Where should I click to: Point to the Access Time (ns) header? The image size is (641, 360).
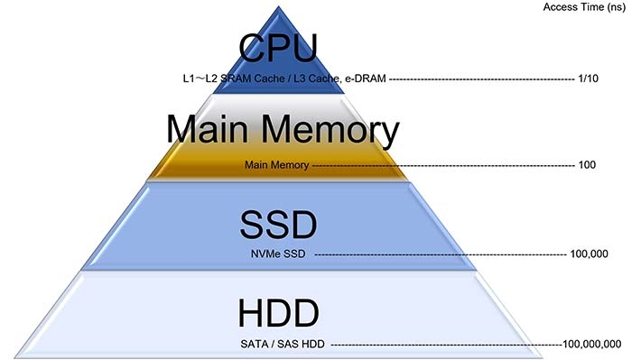coord(584,7)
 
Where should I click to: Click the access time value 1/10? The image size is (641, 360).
coord(587,78)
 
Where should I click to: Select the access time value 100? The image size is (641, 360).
coord(587,166)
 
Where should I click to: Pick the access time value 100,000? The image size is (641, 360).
coord(589,254)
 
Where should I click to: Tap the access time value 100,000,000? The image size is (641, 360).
coord(591,344)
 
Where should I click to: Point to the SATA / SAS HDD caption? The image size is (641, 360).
coord(282,344)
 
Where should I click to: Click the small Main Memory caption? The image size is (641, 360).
coord(276,166)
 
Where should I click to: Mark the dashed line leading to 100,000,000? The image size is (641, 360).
coord(442,344)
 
